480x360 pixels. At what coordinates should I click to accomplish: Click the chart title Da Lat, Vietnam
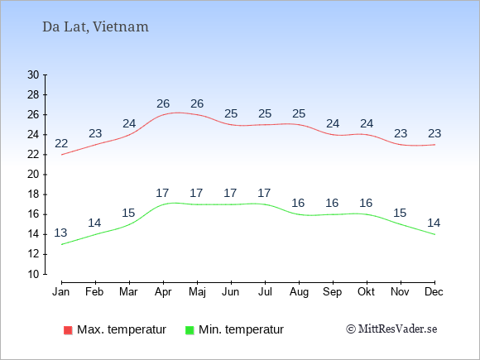coord(95,27)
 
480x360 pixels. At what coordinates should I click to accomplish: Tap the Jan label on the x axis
coord(61,292)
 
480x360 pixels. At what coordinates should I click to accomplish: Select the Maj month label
coord(197,292)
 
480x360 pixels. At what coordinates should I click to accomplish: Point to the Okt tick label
coord(366,292)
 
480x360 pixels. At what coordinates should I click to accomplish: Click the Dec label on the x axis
coord(434,292)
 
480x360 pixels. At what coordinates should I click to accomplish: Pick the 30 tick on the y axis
coord(33,74)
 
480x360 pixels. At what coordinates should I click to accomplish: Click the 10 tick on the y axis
coord(33,274)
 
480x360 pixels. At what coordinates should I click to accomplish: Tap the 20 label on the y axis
coord(33,175)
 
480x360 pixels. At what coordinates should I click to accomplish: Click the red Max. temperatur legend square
coord(68,330)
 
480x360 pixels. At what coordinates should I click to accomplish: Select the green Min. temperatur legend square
coord(190,330)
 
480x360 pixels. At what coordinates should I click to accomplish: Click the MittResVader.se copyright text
coord(391,329)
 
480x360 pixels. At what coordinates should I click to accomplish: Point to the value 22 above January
coord(61,143)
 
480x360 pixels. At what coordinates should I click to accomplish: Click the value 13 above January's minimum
coord(60,233)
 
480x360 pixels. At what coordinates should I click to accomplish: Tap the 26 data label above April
coord(163,103)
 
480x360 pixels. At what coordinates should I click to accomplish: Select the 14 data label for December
coord(434,223)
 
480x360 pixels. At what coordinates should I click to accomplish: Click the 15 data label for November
coord(400,213)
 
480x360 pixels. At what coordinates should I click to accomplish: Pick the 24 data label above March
coord(129,123)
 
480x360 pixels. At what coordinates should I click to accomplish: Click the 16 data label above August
coord(298,203)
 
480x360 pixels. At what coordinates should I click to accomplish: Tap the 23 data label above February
coord(95,133)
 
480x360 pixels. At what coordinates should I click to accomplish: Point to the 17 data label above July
coord(264,193)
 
